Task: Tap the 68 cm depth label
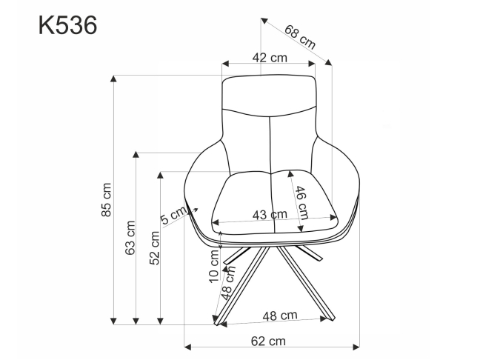point(299,37)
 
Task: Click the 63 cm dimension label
point(130,239)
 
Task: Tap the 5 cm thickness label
point(173,216)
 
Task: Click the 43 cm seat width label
point(269,215)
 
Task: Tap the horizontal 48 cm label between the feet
point(279,315)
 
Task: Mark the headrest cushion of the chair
point(270,95)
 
